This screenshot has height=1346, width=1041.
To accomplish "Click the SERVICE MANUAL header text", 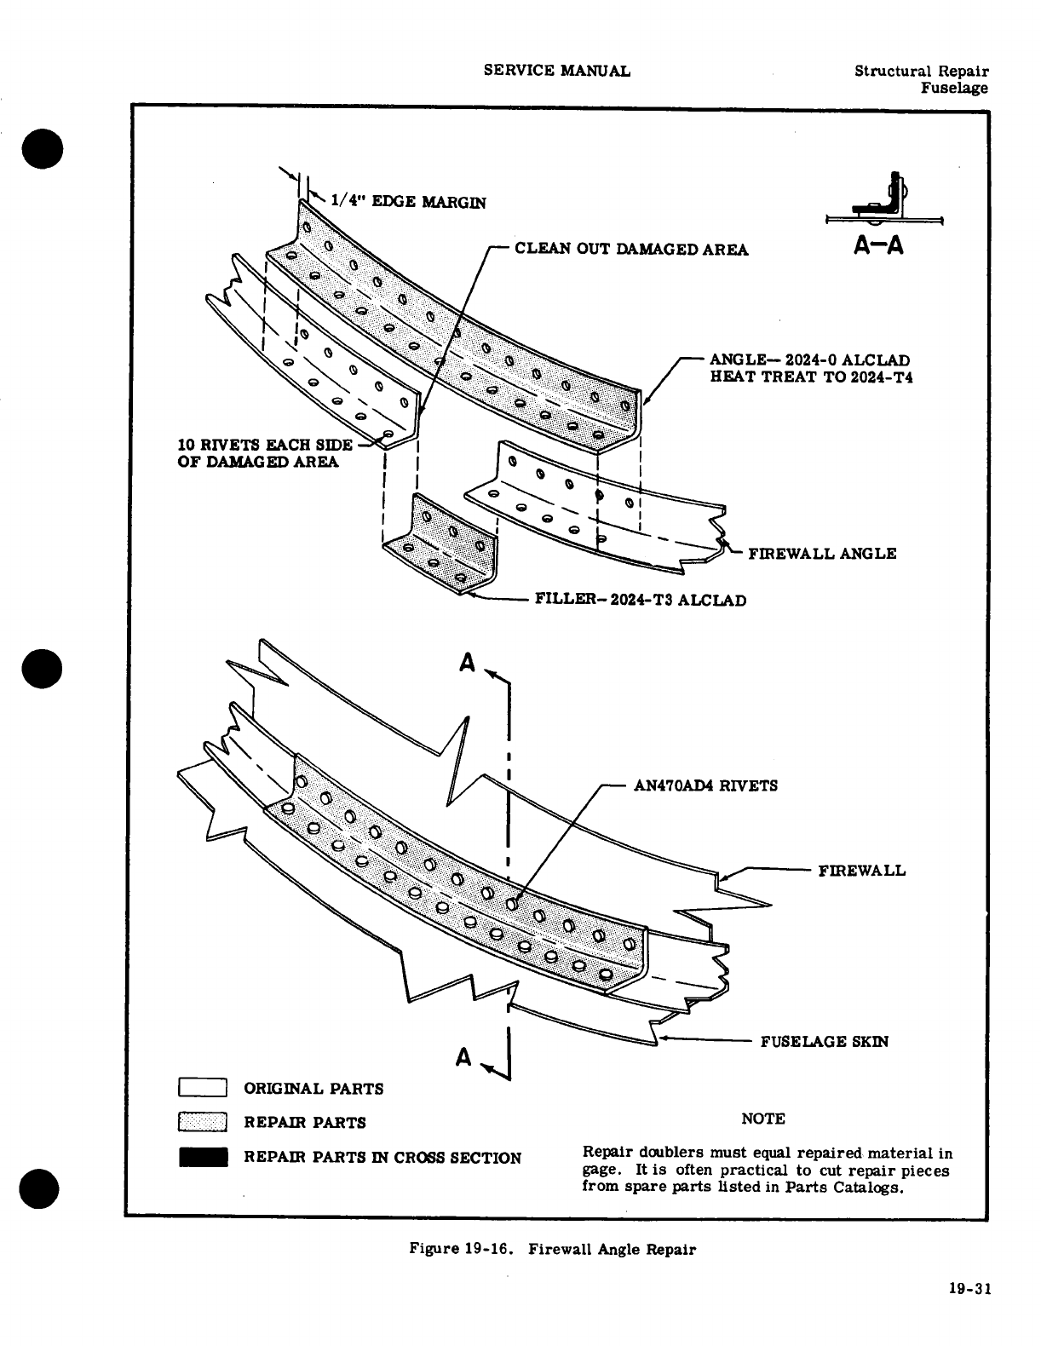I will pyautogui.click(x=556, y=71).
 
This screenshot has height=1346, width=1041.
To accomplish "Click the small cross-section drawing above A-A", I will pyautogui.click(x=885, y=202).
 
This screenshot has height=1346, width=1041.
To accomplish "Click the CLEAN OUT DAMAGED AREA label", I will pyautogui.click(x=631, y=249).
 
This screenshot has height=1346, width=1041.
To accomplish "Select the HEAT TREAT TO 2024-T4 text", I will pyautogui.click(x=811, y=377).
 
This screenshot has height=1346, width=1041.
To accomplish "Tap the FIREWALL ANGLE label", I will pyautogui.click(x=821, y=554).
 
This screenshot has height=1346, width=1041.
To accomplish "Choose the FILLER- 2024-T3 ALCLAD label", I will pyautogui.click(x=640, y=601).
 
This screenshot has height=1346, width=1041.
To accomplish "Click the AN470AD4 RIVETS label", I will pyautogui.click(x=706, y=785).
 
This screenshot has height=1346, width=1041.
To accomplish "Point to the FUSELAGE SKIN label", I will pyautogui.click(x=824, y=1041).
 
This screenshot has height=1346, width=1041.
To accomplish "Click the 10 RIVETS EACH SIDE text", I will pyautogui.click(x=264, y=445).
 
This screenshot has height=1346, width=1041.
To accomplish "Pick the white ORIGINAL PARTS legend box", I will pyautogui.click(x=202, y=1088).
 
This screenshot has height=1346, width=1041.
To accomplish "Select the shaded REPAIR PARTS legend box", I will pyautogui.click(x=202, y=1123).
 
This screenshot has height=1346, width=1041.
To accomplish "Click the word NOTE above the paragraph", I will pyautogui.click(x=763, y=1119).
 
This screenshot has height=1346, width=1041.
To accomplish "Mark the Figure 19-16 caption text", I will pyautogui.click(x=552, y=1249).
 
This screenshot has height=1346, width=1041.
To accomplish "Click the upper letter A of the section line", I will pyautogui.click(x=466, y=664).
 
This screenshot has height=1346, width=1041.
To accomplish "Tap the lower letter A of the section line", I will pyautogui.click(x=463, y=1057).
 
